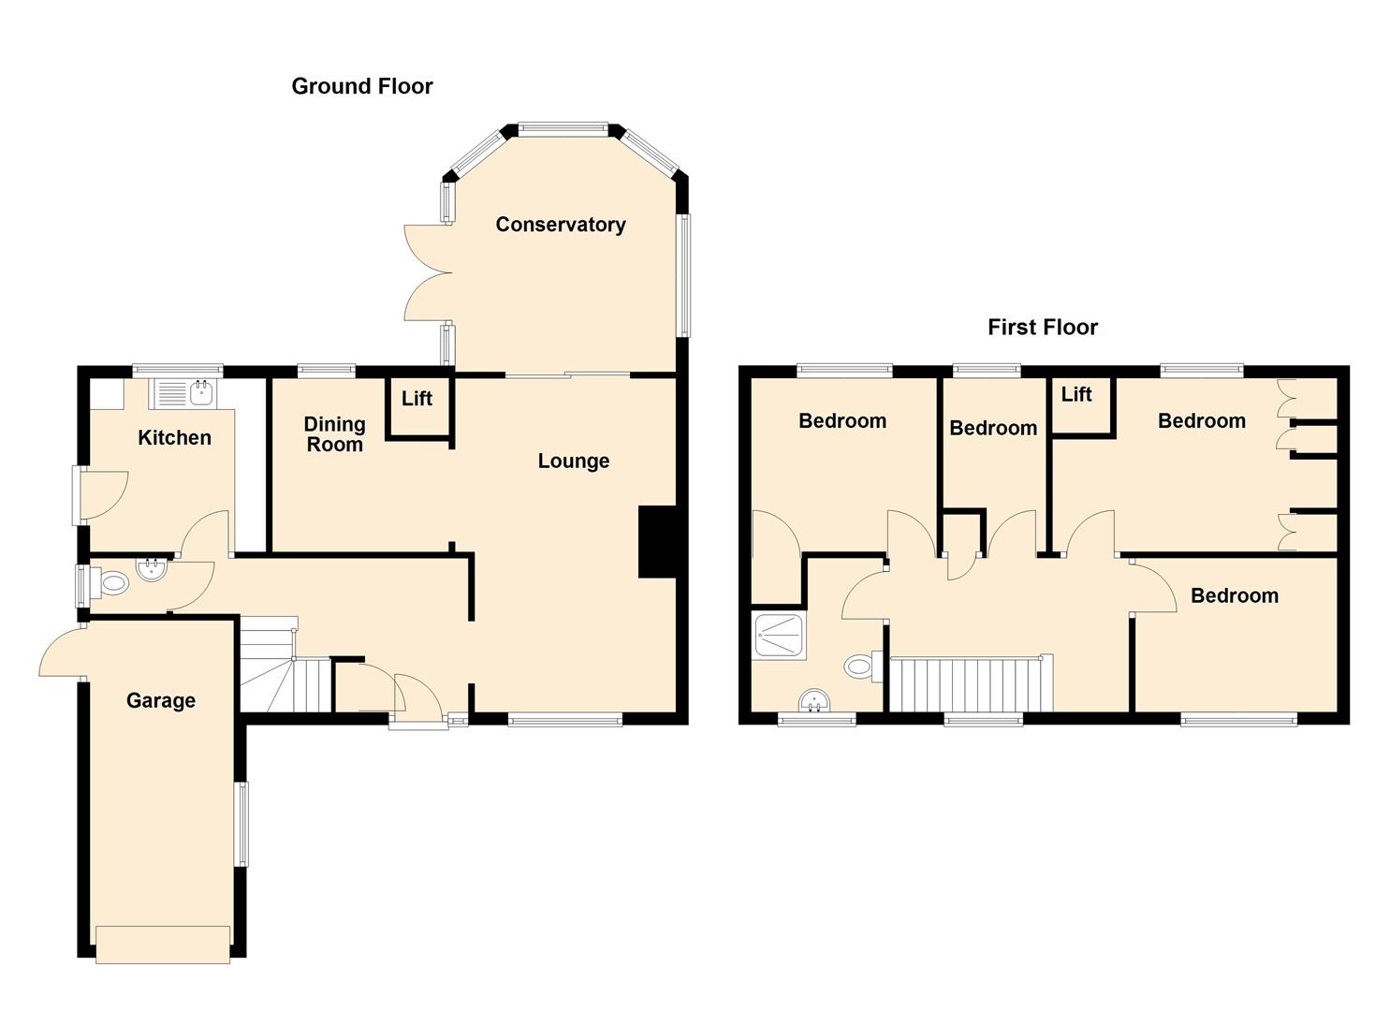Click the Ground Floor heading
pos(362,86)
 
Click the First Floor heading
pos(1042,327)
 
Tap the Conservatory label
pos(560,225)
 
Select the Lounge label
pos(573,461)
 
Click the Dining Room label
pos(334,434)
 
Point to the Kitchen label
pos(174,437)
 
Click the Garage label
pos(161,700)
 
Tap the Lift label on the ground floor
pos(417,399)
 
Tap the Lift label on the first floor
pos(1075,394)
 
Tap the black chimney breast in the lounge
pos(656,542)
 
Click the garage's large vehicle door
pos(163,944)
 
